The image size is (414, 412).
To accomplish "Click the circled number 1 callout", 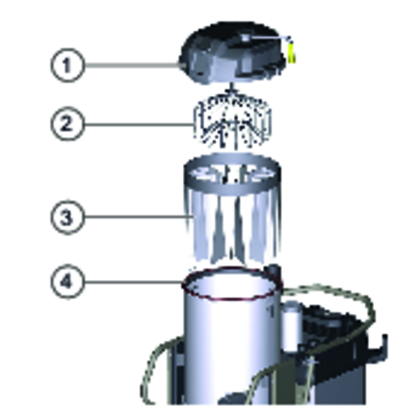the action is [x=68, y=65].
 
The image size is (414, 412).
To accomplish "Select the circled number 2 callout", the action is [x=68, y=124].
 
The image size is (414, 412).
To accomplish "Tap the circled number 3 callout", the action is [x=68, y=217].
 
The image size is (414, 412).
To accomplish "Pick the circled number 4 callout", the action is [x=68, y=282].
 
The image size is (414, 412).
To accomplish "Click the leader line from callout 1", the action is [x=132, y=65].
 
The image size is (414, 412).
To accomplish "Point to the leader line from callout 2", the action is [x=139, y=125].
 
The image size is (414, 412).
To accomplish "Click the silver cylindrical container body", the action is [x=231, y=343].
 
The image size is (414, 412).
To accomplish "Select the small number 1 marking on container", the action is [x=271, y=312].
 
